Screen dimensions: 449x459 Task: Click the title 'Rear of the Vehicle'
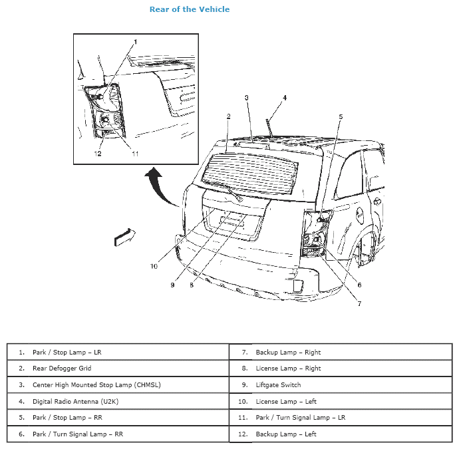coord(190,9)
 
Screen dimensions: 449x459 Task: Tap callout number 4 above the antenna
coord(285,98)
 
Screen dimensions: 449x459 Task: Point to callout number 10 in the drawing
coord(154,266)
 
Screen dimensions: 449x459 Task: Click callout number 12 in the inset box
coord(97,154)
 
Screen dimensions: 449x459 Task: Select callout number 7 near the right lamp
coord(359,303)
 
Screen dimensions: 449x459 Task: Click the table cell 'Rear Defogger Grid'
coord(62,369)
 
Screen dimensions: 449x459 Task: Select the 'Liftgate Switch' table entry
coord(278,385)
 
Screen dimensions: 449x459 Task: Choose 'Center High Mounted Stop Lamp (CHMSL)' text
coord(96,385)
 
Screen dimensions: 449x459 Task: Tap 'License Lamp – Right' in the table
coord(288,369)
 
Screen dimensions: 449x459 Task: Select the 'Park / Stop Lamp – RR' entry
coord(68,418)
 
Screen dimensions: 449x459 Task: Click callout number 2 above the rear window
coord(228,116)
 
